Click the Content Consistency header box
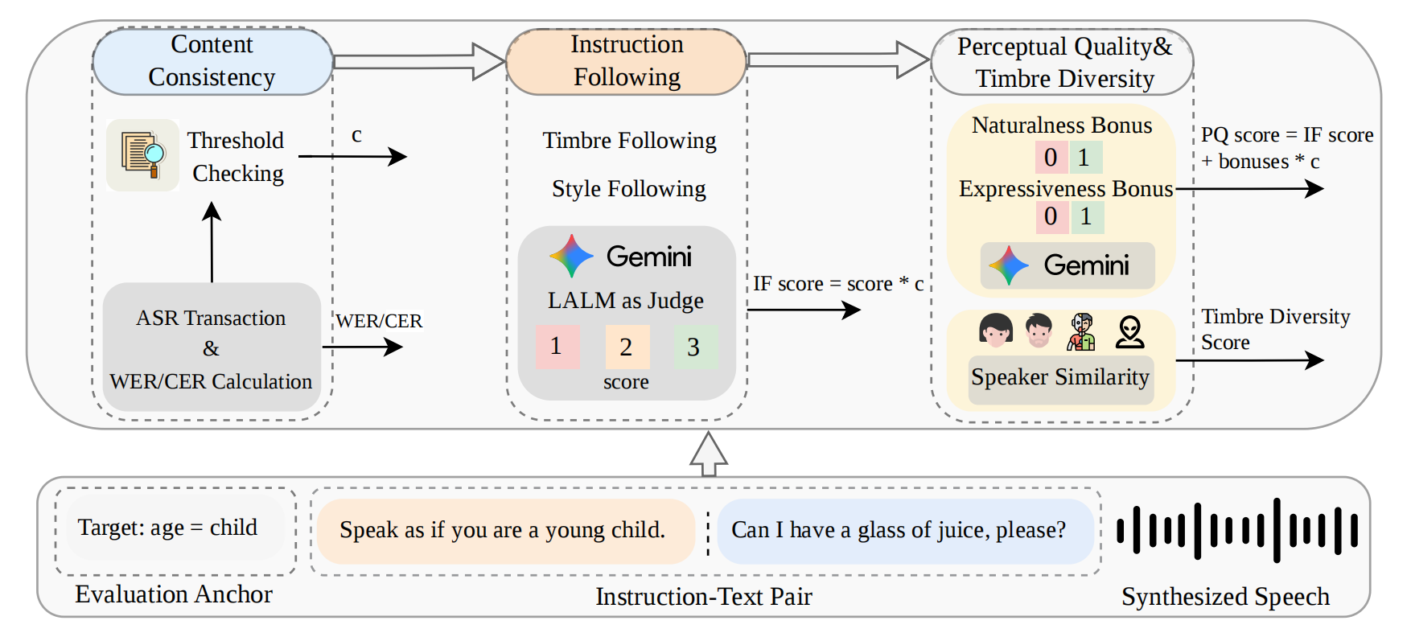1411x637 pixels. [x=212, y=61]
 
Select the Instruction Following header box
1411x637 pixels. [x=626, y=61]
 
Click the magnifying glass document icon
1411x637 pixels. [x=143, y=154]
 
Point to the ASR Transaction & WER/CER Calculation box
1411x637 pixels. [x=212, y=348]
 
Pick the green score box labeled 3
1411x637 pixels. [x=694, y=347]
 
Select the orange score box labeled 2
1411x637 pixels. [x=627, y=347]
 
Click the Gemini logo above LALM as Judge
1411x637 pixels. [x=571, y=257]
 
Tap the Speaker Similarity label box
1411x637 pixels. [x=1060, y=378]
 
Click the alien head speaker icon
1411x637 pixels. [x=1129, y=331]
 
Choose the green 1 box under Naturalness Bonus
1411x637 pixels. [x=1084, y=158]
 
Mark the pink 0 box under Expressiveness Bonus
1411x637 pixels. [x=1051, y=216]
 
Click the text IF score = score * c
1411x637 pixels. [x=837, y=284]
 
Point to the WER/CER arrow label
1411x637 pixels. [x=379, y=321]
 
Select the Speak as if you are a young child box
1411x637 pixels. [x=504, y=531]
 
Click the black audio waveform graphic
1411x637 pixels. [x=1237, y=531]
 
